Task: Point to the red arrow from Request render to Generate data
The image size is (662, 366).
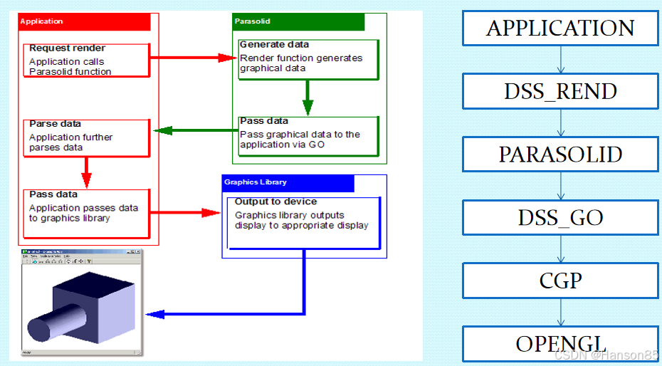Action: [x=192, y=58]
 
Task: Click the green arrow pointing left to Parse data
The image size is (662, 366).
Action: [x=195, y=130]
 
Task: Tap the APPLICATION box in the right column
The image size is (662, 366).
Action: [x=560, y=28]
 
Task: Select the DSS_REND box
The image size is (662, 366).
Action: [x=560, y=91]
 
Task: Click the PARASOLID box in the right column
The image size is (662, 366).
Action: [x=560, y=155]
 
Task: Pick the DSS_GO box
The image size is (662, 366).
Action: [x=560, y=217]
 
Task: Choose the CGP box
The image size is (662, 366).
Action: [x=560, y=280]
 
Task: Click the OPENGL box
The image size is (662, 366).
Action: [x=560, y=343]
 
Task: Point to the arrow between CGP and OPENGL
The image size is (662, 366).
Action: [x=560, y=312]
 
